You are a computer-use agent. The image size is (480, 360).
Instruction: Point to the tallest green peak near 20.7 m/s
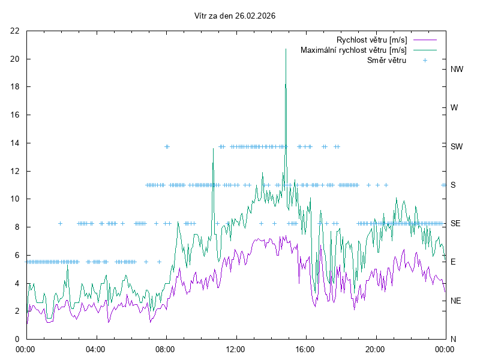coord(286,49)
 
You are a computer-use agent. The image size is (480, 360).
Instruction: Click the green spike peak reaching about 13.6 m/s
coord(213,148)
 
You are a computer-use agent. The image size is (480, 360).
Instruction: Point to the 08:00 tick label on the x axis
coord(165,349)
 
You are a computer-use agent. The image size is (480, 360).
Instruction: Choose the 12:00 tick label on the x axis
coord(235,349)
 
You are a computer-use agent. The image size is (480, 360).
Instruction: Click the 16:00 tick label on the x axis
coord(305,349)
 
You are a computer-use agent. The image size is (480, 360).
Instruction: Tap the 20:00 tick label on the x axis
coord(375,349)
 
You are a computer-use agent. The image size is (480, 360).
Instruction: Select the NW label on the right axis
coord(457,69)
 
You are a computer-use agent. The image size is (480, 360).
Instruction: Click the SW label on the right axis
coord(457,146)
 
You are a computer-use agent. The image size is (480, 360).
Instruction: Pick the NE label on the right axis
coord(456,301)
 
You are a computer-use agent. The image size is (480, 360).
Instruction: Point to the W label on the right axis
coord(454,108)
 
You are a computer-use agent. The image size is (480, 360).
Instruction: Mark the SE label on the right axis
coord(455,223)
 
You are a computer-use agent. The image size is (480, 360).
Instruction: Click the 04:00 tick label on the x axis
coord(95,349)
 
